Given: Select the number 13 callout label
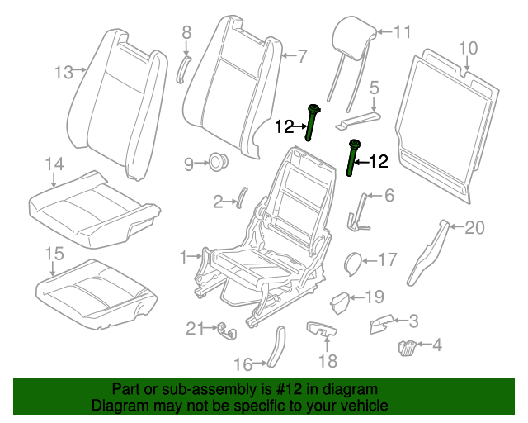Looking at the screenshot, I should pyautogui.click(x=64, y=72).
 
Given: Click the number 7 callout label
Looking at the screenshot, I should pyautogui.click(x=302, y=56).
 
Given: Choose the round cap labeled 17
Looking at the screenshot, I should pyautogui.click(x=351, y=264).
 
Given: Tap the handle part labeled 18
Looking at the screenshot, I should pyautogui.click(x=322, y=329).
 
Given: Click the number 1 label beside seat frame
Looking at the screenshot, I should pyautogui.click(x=184, y=258).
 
